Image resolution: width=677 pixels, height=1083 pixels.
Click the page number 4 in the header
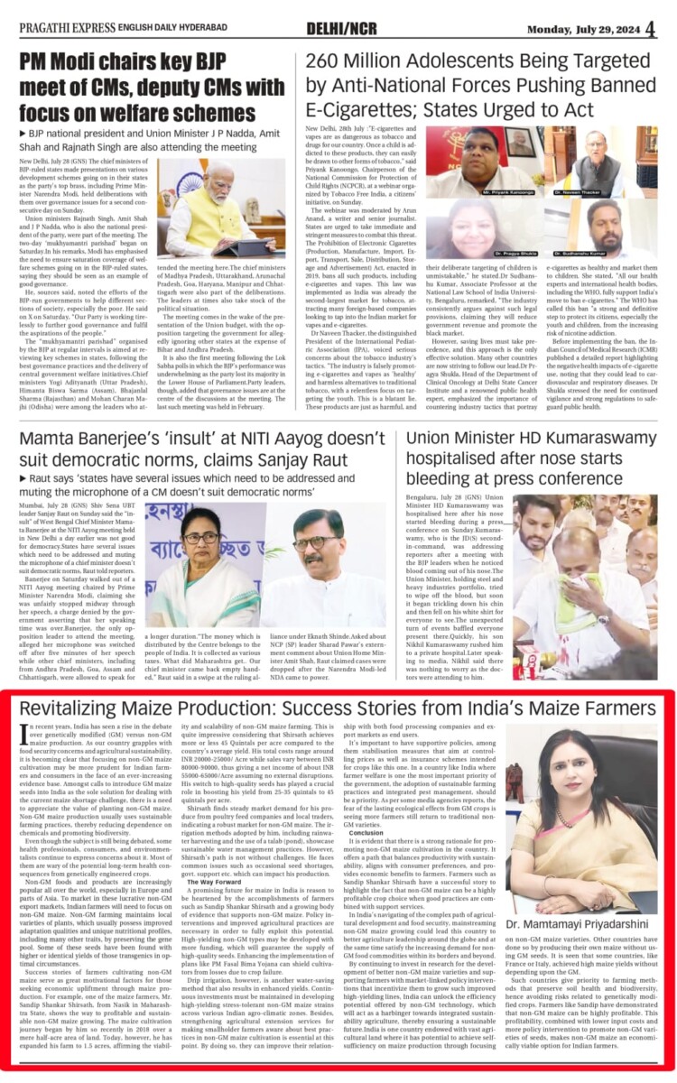click(x=650, y=27)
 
